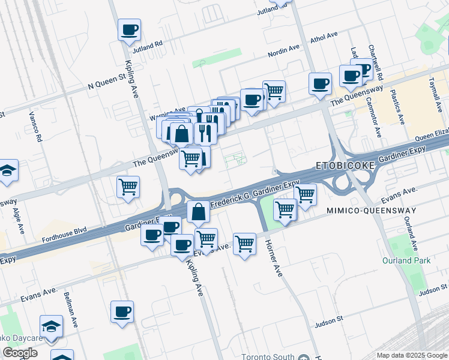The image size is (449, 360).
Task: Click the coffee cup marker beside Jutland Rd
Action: (129, 29)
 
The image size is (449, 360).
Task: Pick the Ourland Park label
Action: (406, 260)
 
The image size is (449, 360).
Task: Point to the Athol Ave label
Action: (324, 38)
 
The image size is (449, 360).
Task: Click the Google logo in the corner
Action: (20, 353)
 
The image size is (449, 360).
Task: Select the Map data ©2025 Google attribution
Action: (411, 355)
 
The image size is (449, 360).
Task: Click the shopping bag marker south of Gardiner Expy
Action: (199, 212)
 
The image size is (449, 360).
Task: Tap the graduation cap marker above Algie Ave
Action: (7, 170)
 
